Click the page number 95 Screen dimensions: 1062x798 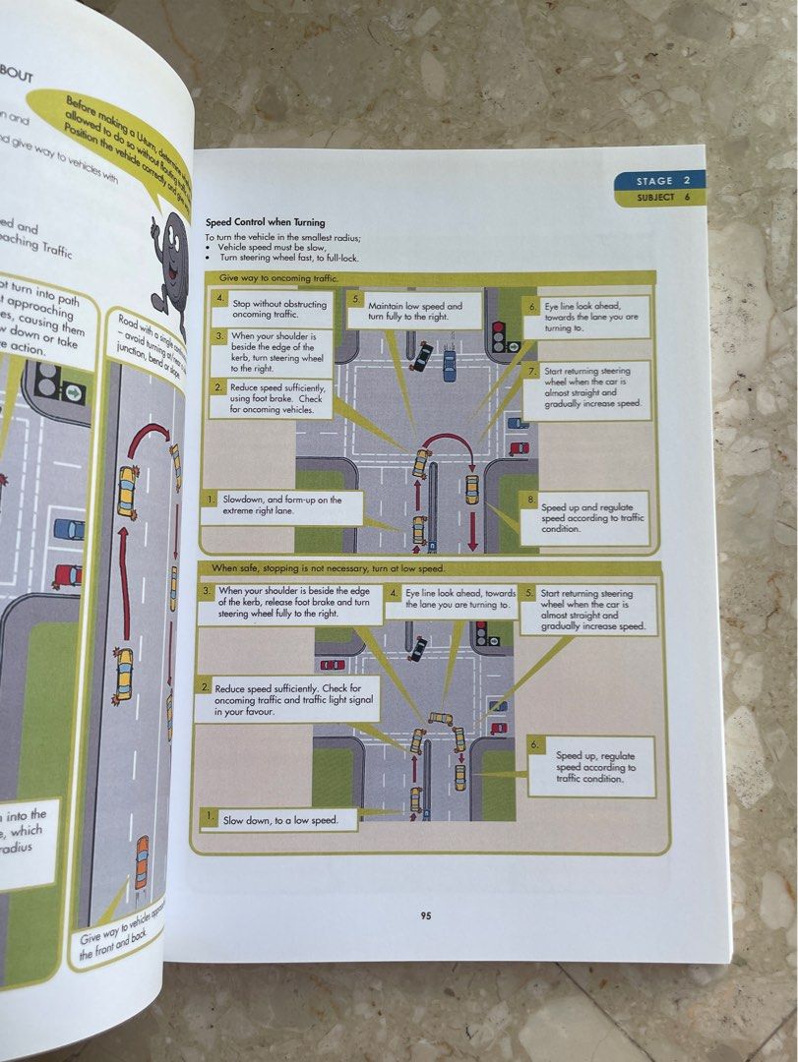point(426,914)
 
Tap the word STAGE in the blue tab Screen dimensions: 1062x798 point(655,181)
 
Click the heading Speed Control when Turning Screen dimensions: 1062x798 point(265,222)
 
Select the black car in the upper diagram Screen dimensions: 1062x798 point(421,356)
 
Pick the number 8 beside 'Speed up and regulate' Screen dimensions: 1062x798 point(531,500)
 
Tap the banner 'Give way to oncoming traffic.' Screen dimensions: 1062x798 point(277,279)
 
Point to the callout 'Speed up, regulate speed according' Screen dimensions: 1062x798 point(590,766)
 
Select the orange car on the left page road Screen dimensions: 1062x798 point(142,861)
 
